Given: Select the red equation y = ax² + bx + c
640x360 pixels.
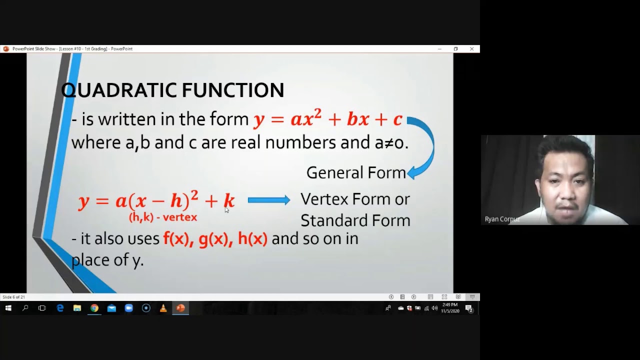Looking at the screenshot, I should click(327, 119).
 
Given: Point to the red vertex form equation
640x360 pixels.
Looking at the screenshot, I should click(156, 201).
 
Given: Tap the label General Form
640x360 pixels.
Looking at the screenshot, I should click(356, 172).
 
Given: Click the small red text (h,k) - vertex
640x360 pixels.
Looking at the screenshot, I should click(163, 217).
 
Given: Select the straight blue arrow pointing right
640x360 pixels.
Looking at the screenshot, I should click(268, 200).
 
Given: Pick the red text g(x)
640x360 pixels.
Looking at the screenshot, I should click(213, 239).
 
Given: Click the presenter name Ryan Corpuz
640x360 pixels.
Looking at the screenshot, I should click(501, 219).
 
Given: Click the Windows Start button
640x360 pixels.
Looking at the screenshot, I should click(8, 308).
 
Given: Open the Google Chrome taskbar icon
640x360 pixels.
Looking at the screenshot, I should click(94, 308).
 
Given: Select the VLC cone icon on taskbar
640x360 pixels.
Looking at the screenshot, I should click(163, 308).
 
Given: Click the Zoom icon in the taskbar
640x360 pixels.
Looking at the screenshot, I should click(128, 308).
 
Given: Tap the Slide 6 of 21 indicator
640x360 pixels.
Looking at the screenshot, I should click(13, 297).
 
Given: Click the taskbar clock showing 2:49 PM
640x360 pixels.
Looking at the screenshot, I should click(449, 305).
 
